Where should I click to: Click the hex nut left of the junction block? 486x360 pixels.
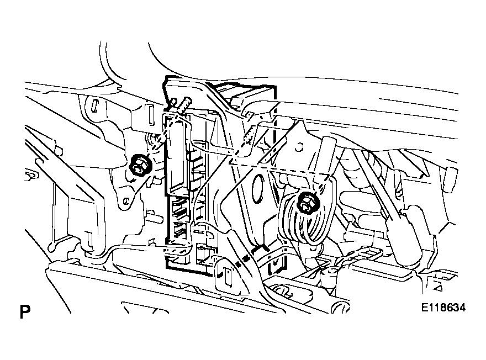click(140, 166)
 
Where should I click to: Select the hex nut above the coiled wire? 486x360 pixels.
click(309, 204)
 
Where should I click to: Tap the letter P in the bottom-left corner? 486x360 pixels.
click(25, 312)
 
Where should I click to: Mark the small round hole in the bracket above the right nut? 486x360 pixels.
click(298, 147)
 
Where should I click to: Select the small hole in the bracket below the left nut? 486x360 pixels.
click(126, 202)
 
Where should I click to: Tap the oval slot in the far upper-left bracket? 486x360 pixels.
click(95, 106)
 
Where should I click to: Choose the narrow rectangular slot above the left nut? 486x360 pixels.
click(151, 115)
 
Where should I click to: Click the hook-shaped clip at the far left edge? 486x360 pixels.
click(30, 176)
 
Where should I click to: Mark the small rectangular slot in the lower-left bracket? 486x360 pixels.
click(89, 239)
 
